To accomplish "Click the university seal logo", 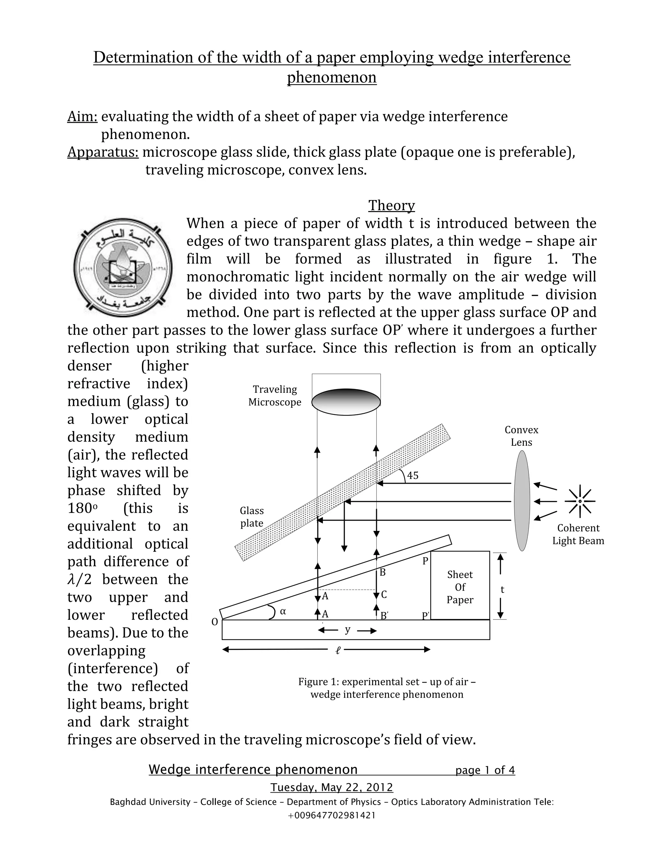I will [x=123, y=267].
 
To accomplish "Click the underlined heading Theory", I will [x=391, y=205].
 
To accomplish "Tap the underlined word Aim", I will [x=82, y=116].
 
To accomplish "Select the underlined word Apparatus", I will [x=103, y=152].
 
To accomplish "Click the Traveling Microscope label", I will [x=275, y=395].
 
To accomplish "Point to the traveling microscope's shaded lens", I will [x=346, y=402].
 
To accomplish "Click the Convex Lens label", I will [x=521, y=436].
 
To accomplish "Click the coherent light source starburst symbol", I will [x=580, y=501].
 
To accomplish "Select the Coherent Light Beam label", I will [x=578, y=534].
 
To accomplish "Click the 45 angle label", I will [x=413, y=476].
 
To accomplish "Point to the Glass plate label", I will [x=252, y=517].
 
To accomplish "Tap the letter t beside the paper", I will [x=502, y=589].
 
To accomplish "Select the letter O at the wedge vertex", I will [x=215, y=622].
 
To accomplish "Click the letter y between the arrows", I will [x=347, y=629].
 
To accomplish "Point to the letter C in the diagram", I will [x=384, y=595].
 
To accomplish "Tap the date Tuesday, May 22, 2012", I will [x=332, y=787].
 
